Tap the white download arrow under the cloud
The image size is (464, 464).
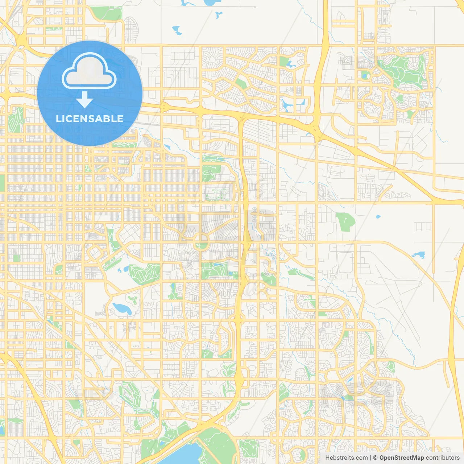(85, 100)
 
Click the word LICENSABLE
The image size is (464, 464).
(90, 119)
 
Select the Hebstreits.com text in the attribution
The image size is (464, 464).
(346, 458)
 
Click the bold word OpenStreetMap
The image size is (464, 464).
(402, 458)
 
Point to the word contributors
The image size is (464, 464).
(443, 458)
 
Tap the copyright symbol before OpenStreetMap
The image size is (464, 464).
(376, 458)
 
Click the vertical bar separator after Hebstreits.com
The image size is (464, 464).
(370, 458)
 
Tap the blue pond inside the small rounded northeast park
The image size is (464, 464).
(365, 76)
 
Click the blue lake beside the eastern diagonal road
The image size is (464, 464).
(419, 255)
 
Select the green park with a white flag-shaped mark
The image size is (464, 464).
(345, 221)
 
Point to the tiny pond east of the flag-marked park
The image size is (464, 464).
(378, 217)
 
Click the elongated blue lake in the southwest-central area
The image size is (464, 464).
(121, 308)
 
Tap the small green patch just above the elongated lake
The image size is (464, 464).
(132, 299)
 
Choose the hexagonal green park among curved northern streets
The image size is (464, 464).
(241, 84)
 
